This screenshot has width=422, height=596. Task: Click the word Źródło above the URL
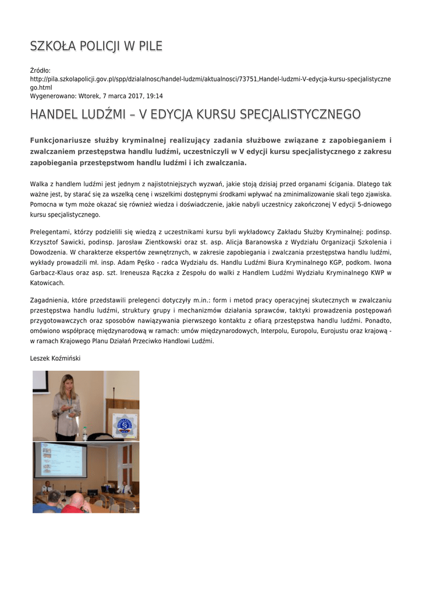pos(40,70)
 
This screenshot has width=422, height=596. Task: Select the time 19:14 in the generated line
pos(154,96)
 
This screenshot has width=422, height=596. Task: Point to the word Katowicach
pos(47,283)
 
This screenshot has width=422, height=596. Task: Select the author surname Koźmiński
pos(65,359)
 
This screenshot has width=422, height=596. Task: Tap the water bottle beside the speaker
pos(85,434)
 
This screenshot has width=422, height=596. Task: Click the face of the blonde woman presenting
pos(67,384)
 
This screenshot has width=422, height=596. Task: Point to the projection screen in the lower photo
pos(61,460)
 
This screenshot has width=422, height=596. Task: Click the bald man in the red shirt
pos(76,503)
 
